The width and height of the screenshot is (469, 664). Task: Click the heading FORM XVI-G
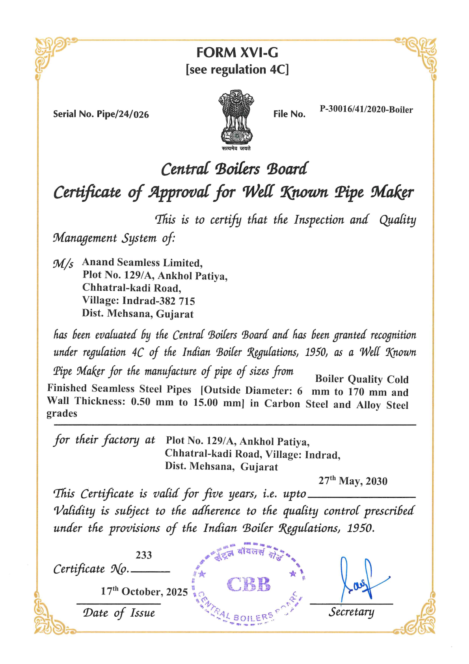[x=237, y=52]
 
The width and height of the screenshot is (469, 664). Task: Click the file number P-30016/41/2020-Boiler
[x=366, y=109]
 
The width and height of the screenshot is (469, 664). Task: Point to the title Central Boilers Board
[x=234, y=169]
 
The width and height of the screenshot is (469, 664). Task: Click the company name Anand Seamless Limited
[x=142, y=263]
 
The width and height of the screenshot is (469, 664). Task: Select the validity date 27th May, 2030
[x=353, y=481]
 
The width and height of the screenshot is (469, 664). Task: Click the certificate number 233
[x=143, y=555]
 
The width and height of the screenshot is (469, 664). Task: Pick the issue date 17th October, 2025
[x=144, y=591]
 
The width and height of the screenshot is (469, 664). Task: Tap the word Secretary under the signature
[x=351, y=612]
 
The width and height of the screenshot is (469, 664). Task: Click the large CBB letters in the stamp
[x=249, y=584]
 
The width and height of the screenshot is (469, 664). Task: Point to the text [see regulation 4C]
[x=237, y=69]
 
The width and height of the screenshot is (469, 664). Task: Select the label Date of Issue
[x=119, y=613]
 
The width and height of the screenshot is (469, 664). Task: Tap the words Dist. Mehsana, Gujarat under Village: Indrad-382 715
[x=138, y=314]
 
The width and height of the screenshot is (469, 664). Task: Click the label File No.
[x=289, y=114]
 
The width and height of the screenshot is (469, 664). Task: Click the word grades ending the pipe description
[x=62, y=413]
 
